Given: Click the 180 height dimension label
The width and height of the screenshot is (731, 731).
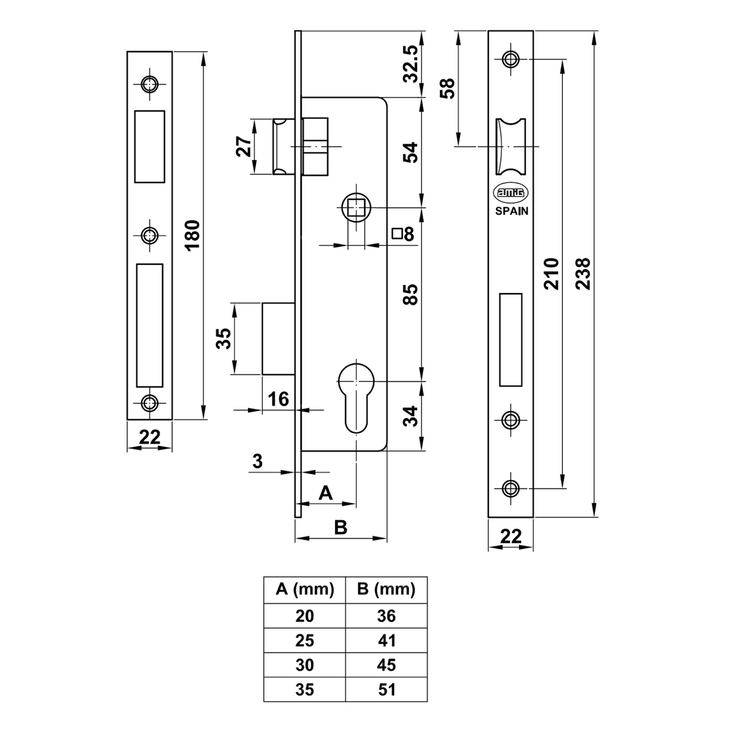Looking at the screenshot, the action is (x=193, y=235).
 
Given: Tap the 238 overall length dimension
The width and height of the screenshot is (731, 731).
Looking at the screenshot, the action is (x=583, y=274).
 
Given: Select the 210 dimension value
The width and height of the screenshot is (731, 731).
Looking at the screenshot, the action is (x=551, y=274).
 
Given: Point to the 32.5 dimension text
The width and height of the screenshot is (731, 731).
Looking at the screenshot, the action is (x=410, y=64).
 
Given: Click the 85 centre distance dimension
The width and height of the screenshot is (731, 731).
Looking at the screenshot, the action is (x=410, y=295).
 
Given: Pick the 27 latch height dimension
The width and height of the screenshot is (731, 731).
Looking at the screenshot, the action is (x=244, y=146).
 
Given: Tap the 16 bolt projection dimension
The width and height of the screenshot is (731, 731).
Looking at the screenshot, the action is (x=278, y=400).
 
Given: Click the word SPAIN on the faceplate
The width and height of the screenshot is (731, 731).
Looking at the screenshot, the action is (x=512, y=211).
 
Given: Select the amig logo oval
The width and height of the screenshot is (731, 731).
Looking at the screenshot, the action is (x=510, y=192).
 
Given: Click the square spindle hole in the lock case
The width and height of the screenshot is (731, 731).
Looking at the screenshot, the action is (x=356, y=208).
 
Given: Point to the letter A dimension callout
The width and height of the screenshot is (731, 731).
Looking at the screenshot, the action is (x=325, y=493).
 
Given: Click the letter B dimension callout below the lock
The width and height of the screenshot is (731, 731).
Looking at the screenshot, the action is (x=341, y=528).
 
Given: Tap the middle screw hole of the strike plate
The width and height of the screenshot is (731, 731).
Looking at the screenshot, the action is (x=149, y=236).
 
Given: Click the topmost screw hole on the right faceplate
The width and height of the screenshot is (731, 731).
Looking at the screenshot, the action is (x=510, y=59).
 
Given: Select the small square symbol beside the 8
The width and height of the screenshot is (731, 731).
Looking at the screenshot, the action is (x=397, y=233).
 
